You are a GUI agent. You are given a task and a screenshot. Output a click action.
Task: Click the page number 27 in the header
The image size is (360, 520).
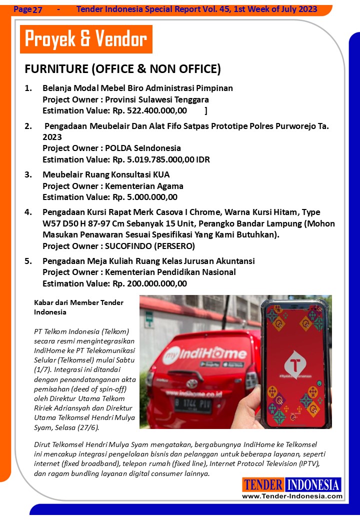(x=37, y=9)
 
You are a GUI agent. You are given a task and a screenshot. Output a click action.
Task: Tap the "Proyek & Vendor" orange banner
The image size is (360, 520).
(x=86, y=39)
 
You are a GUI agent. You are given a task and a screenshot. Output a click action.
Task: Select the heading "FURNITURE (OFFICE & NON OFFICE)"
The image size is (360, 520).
(x=122, y=68)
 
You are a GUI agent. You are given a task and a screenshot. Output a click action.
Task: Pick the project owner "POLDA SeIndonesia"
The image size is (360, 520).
(x=143, y=148)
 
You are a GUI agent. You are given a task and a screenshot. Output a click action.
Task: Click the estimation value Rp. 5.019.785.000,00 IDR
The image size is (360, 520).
(x=161, y=159)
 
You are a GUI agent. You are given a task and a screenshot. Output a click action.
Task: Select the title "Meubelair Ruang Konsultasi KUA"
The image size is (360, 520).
(x=106, y=174)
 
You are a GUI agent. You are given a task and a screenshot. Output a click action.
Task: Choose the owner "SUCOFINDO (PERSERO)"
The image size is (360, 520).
(x=149, y=246)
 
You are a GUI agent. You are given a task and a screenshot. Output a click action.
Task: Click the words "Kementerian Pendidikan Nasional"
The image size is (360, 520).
(x=170, y=272)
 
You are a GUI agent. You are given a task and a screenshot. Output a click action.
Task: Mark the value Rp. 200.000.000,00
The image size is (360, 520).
(x=149, y=283)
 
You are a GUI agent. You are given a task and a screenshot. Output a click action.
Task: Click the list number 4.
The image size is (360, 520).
(x=28, y=212)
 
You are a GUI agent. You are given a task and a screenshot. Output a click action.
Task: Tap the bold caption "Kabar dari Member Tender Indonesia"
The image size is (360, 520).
(x=78, y=307)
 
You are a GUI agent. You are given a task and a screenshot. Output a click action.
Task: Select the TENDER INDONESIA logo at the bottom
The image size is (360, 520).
(x=291, y=484)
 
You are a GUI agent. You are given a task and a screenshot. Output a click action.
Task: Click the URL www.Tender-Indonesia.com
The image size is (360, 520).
(x=292, y=496)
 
